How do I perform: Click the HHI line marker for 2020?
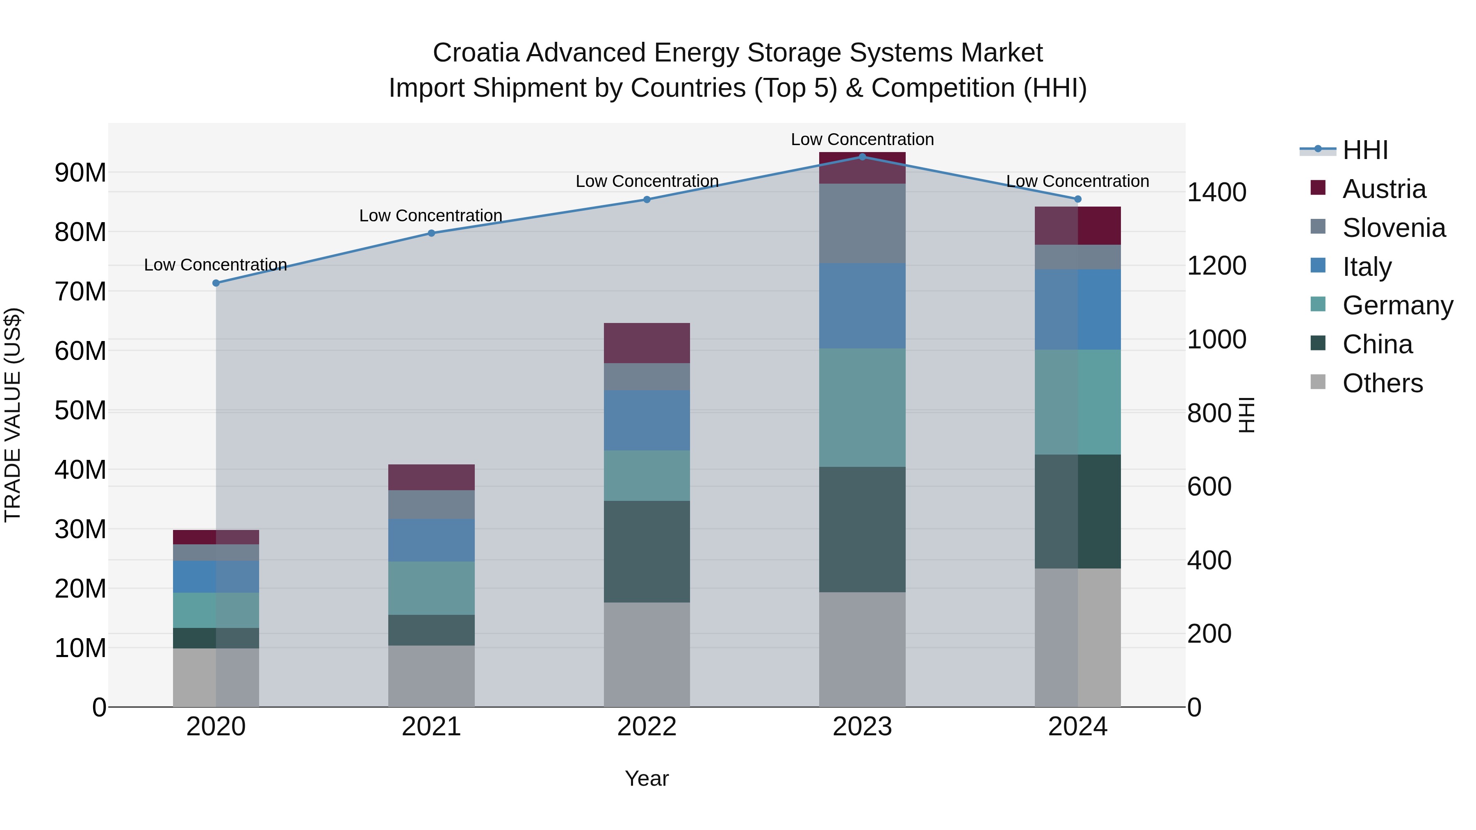tap(216, 283)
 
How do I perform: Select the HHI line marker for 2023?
tap(862, 157)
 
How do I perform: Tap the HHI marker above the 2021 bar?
tap(431, 233)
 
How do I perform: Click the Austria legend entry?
tap(1383, 189)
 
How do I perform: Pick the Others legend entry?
tap(1382, 383)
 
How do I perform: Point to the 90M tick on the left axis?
tap(80, 173)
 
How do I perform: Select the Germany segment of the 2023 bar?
tap(862, 407)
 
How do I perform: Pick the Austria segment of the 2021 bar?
tap(431, 477)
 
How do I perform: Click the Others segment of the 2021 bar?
tap(431, 676)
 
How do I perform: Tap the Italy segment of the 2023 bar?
tap(862, 306)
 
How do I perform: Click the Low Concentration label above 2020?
tap(215, 265)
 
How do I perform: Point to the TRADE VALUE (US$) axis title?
tap(13, 415)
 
